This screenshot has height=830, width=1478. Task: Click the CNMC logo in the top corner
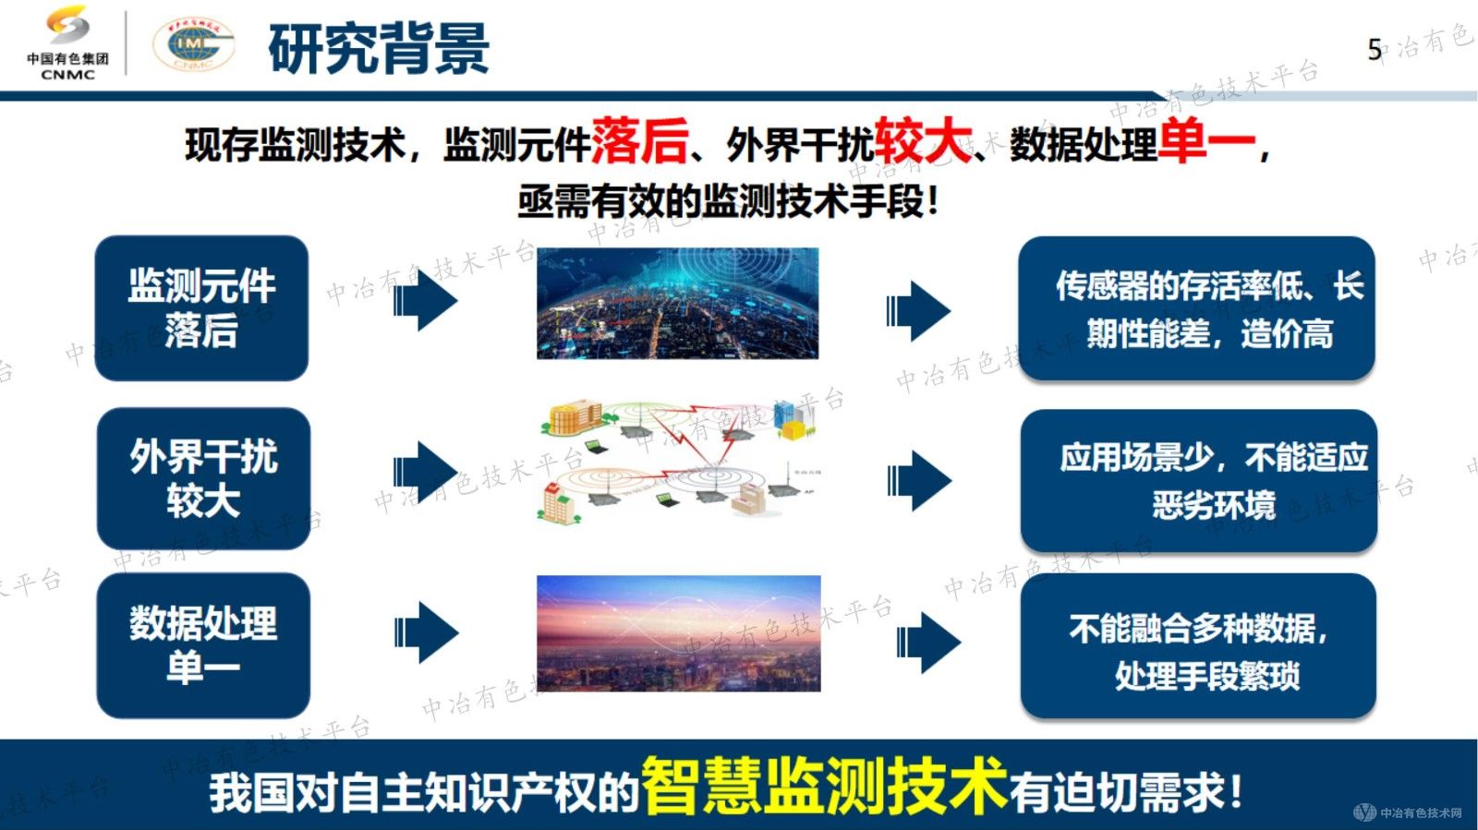pyautogui.click(x=67, y=43)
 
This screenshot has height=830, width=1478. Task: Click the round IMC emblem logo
pyautogui.click(x=193, y=44)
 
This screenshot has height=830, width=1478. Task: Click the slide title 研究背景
pyautogui.click(x=379, y=48)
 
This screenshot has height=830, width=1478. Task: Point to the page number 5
pyautogui.click(x=1375, y=49)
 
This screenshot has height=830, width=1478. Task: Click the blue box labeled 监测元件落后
pyautogui.click(x=201, y=307)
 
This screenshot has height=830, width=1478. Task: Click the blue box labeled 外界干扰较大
pyautogui.click(x=203, y=478)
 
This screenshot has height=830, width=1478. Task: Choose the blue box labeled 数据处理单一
pyautogui.click(x=203, y=644)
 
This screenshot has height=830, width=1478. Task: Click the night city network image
pyautogui.click(x=677, y=303)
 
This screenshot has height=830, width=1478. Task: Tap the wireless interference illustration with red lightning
pyautogui.click(x=679, y=462)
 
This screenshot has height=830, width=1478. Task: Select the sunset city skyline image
pyautogui.click(x=678, y=633)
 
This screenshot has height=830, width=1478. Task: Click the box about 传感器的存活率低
pyautogui.click(x=1196, y=308)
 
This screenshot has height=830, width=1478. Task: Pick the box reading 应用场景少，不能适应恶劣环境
pyautogui.click(x=1198, y=480)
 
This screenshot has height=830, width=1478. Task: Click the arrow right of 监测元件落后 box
pyautogui.click(x=426, y=301)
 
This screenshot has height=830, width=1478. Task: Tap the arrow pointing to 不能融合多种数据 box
pyautogui.click(x=927, y=642)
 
